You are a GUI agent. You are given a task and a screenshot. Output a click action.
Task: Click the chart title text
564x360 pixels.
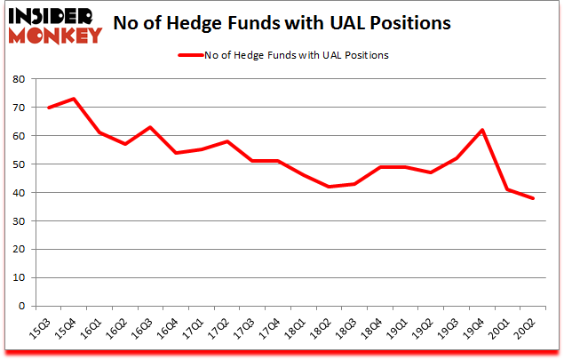coord(288,22)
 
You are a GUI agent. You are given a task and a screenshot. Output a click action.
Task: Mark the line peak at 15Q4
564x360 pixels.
coord(74,99)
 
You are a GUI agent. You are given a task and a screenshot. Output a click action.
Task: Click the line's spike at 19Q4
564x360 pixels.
coord(482,130)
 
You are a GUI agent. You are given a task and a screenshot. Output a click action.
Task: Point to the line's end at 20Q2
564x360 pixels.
coord(534,198)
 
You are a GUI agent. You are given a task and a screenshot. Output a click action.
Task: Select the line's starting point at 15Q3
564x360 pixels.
coord(48,108)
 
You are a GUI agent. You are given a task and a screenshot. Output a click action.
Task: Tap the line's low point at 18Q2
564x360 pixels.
coord(330,187)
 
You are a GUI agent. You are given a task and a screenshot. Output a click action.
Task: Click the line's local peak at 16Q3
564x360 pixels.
coord(150,127)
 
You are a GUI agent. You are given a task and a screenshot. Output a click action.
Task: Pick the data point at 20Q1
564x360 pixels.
coord(508,189)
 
